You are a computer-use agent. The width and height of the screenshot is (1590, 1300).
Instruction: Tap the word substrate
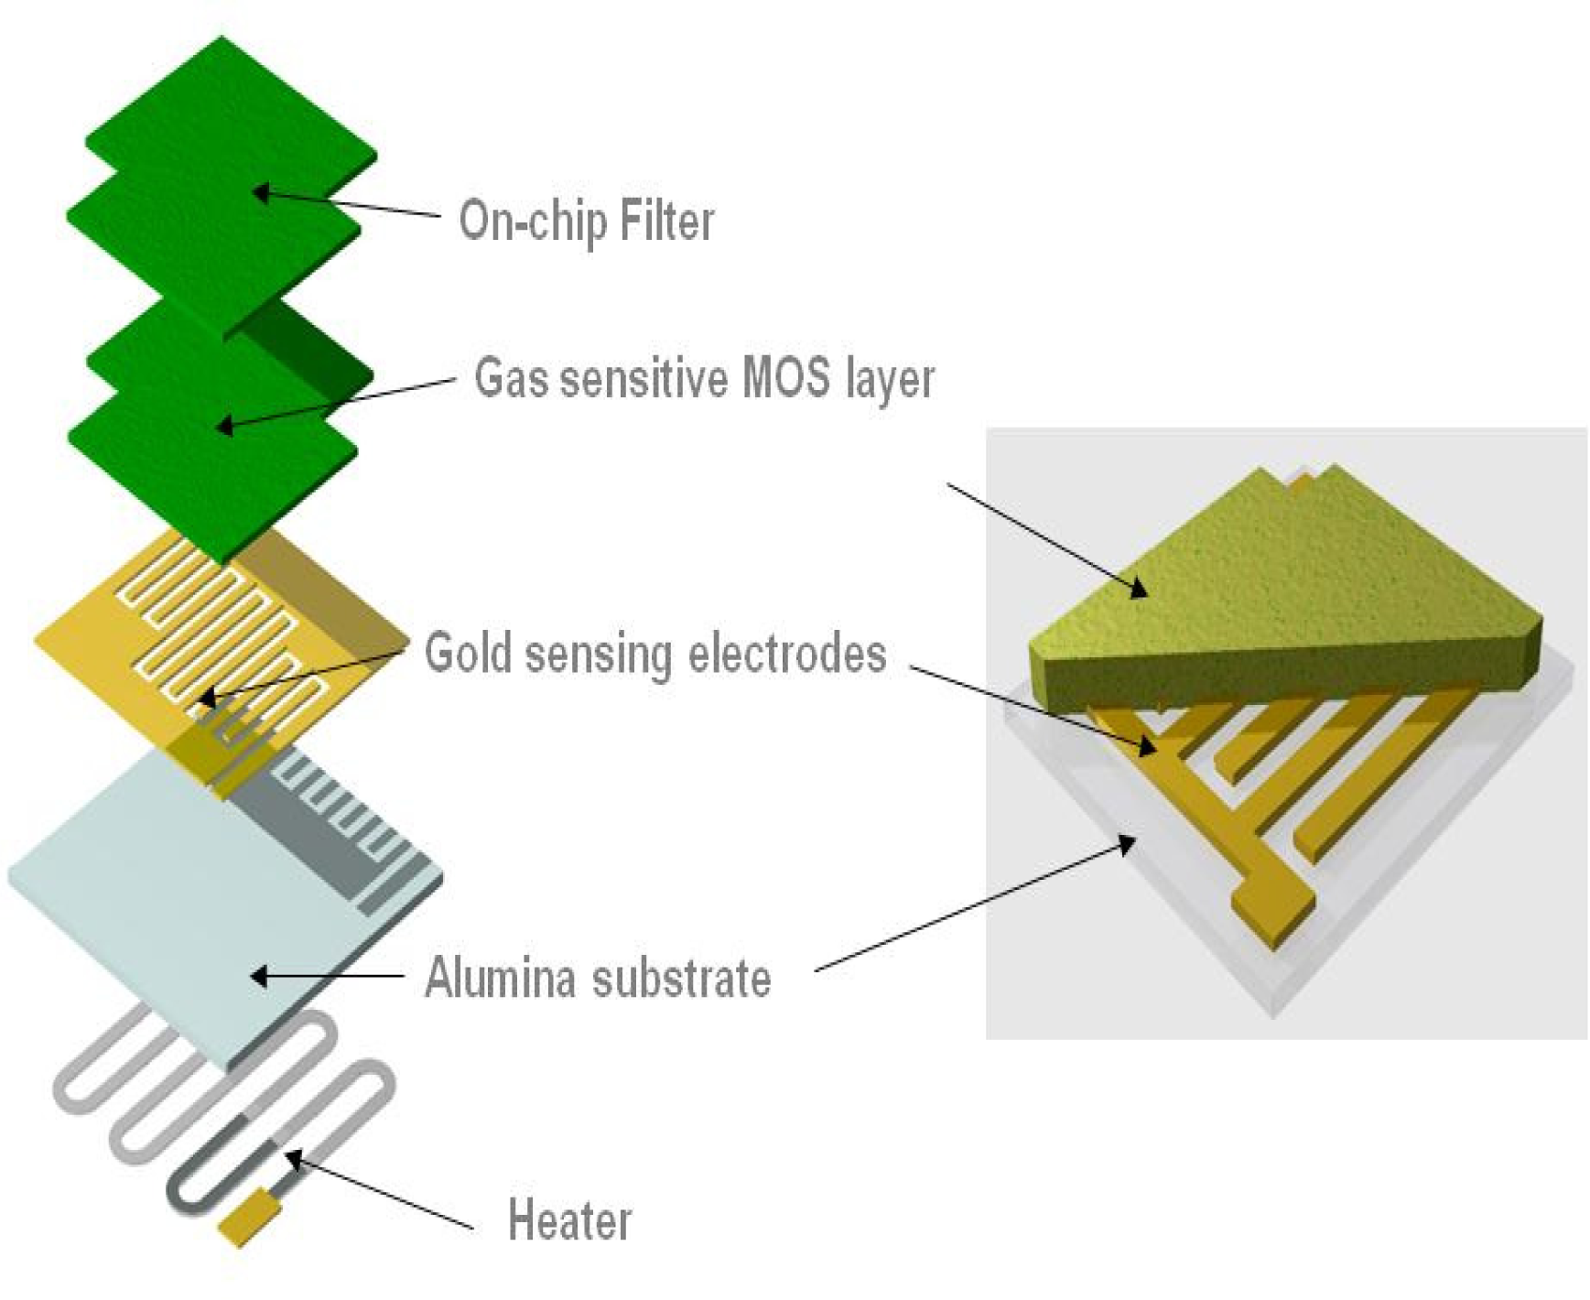pyautogui.click(x=681, y=978)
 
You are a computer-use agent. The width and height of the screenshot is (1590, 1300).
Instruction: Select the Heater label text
pyautogui.click(x=569, y=1220)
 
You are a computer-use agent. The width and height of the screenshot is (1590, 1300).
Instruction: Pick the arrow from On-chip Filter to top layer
pyautogui.click(x=348, y=203)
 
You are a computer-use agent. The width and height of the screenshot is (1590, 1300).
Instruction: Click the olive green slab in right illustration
pyautogui.click(x=1300, y=595)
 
